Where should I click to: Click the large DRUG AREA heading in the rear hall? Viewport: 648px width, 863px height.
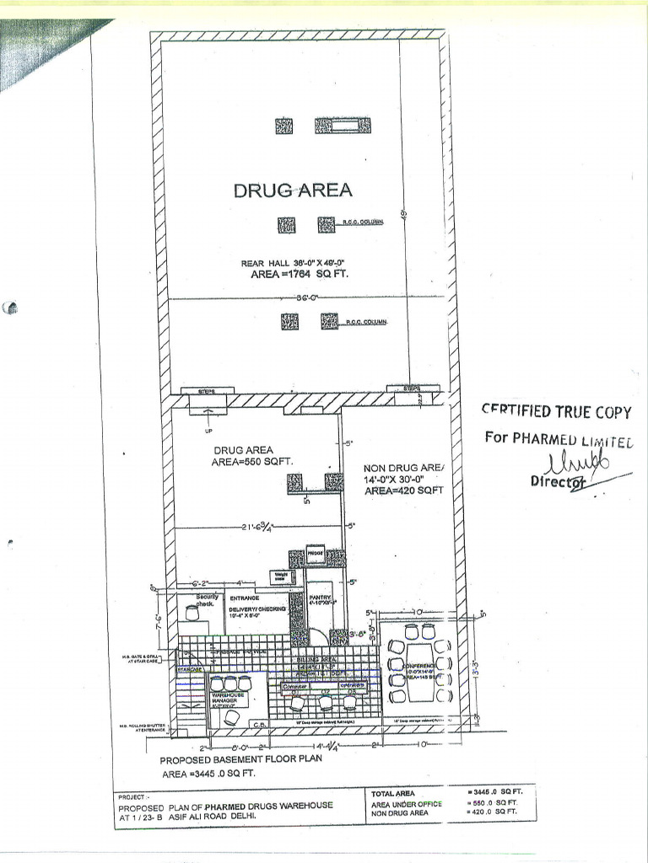click(x=292, y=190)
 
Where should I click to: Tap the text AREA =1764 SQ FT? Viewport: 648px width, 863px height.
click(x=300, y=274)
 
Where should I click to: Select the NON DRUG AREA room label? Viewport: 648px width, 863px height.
click(x=403, y=468)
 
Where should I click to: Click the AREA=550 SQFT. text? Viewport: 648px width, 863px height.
click(x=252, y=462)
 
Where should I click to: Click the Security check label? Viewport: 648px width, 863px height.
click(x=206, y=600)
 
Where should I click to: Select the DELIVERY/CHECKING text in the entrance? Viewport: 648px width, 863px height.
click(x=258, y=608)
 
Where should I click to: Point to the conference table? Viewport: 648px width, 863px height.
click(x=419, y=672)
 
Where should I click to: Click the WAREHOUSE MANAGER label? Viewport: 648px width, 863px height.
click(x=228, y=698)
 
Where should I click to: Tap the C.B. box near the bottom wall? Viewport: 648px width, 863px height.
click(x=261, y=723)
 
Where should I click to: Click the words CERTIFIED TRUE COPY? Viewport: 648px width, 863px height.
click(x=556, y=411)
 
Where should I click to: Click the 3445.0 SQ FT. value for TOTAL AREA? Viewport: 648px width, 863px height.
click(x=495, y=792)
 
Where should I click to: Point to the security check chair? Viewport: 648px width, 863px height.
click(x=192, y=614)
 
